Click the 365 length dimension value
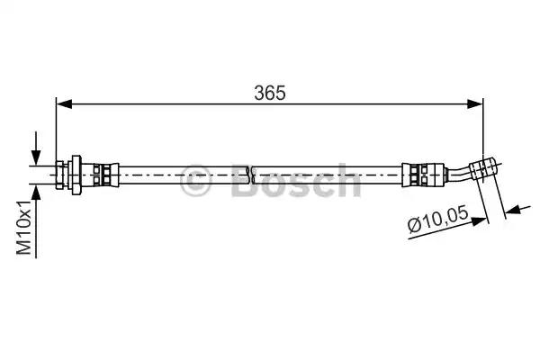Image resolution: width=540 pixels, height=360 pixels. (270, 93)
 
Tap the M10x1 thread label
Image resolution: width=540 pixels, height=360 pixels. (24, 228)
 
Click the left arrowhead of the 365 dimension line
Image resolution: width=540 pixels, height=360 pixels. (64, 103)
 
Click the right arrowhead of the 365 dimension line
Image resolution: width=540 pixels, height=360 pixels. (475, 103)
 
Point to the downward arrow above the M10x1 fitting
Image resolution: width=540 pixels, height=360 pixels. (36, 148)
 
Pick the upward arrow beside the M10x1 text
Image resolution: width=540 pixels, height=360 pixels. (36, 221)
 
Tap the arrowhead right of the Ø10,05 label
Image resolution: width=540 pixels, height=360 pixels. (480, 220)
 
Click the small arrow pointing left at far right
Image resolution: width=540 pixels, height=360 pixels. (517, 209)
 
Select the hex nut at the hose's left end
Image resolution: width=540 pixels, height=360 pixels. (61, 175)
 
